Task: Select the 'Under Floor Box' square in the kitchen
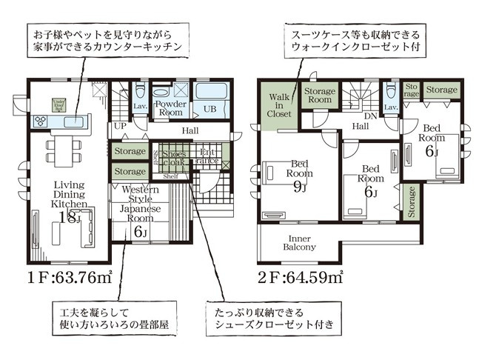pyautogui.click(x=58, y=105)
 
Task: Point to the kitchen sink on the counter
pyautogui.click(x=78, y=121)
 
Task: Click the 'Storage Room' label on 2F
pyautogui.click(x=319, y=95)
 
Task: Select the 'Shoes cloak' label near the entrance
pyautogui.click(x=172, y=159)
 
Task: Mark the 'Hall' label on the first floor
pyautogui.click(x=190, y=132)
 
